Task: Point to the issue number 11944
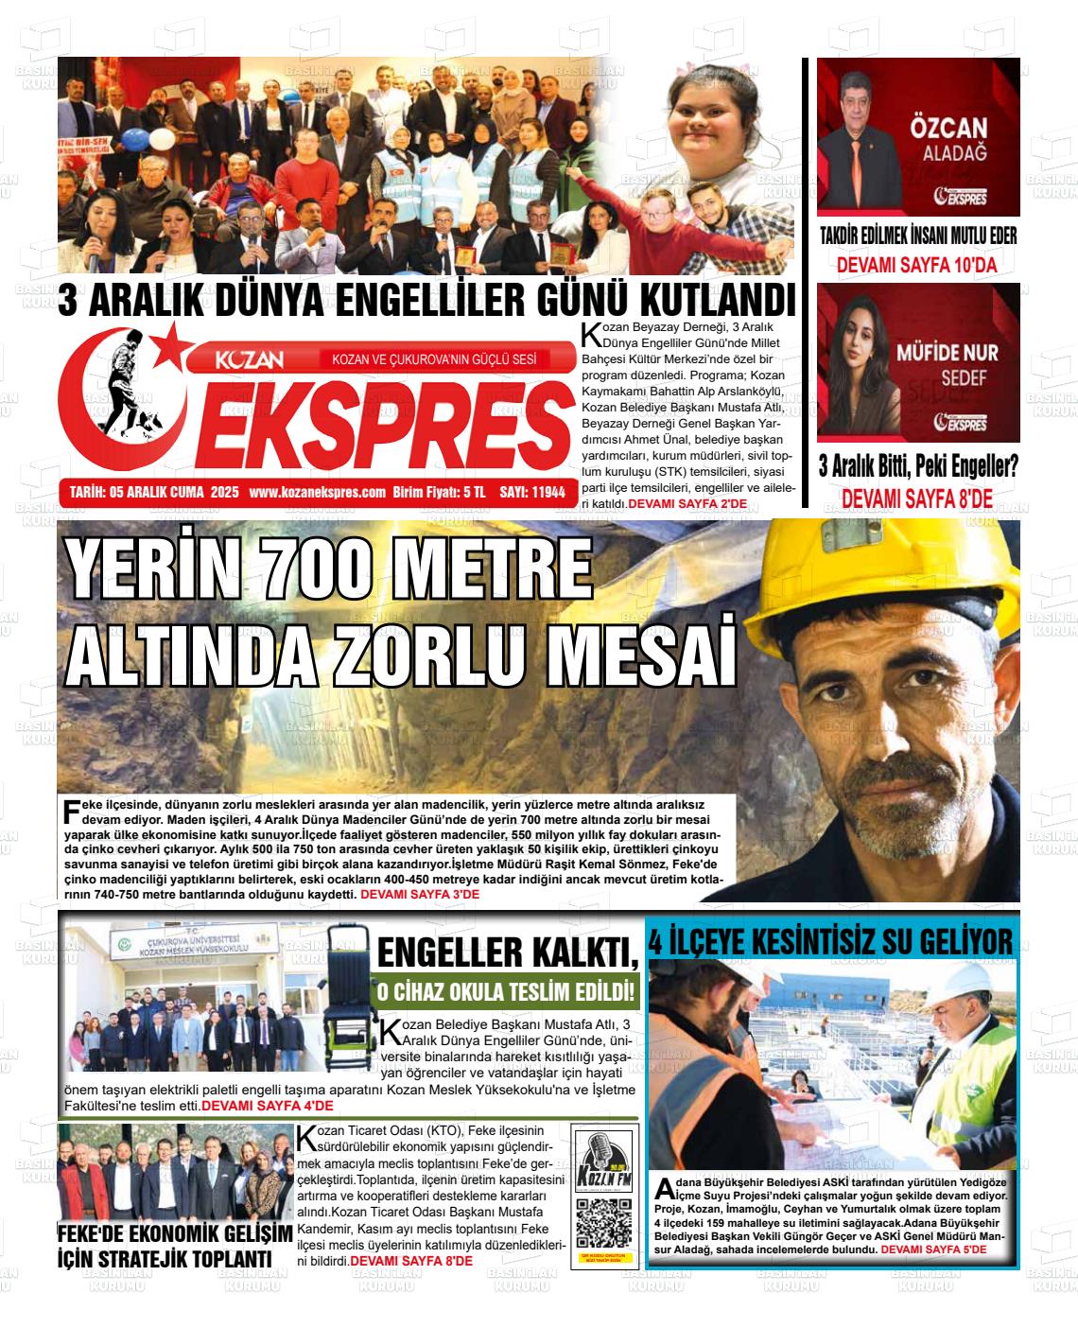click(x=548, y=492)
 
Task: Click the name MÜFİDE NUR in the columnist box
click(x=947, y=353)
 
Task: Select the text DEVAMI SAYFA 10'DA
click(x=916, y=266)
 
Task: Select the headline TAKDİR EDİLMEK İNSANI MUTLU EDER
click(x=917, y=236)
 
